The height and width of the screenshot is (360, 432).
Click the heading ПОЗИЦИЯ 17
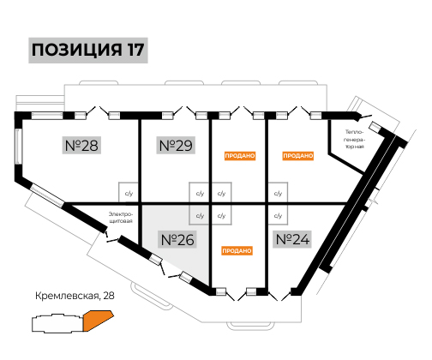[88, 50]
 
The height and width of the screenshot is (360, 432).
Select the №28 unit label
[81, 145]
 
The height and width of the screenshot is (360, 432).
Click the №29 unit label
[176, 145]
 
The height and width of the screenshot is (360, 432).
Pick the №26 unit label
[177, 239]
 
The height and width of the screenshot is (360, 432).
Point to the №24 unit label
[292, 239]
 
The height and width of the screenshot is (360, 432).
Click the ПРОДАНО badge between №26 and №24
[237, 251]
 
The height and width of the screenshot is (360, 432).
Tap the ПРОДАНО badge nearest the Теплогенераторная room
[298, 156]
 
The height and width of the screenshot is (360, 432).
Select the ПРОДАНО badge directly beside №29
[240, 156]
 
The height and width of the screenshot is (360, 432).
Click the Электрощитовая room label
[121, 218]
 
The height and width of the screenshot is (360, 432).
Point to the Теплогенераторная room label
[355, 140]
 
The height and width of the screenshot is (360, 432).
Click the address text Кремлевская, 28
[75, 296]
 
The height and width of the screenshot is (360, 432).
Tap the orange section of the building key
[97, 320]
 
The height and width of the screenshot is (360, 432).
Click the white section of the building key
[57, 323]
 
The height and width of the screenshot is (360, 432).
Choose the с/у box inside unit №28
[129, 193]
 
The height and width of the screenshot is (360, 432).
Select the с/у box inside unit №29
[199, 193]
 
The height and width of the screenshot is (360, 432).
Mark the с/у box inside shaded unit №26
[199, 215]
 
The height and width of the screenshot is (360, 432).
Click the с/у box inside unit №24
[278, 215]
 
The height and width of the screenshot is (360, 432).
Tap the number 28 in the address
[109, 296]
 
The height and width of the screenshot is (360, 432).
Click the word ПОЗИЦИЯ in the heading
[76, 51]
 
